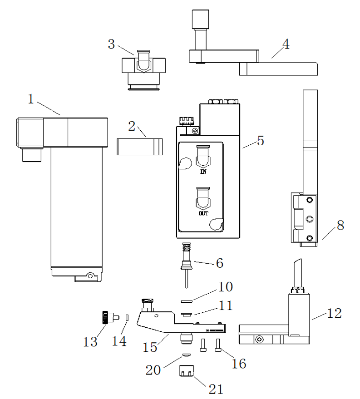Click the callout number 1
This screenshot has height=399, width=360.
(x=31, y=99)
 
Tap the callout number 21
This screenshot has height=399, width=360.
(x=216, y=389)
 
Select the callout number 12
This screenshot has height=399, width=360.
(x=335, y=313)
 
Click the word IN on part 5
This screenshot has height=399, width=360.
(x=203, y=172)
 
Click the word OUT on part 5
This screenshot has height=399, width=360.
(x=203, y=213)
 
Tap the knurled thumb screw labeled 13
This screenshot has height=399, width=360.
(x=105, y=316)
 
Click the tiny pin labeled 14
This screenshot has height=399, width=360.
(x=128, y=317)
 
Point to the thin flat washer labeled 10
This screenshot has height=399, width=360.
(x=187, y=300)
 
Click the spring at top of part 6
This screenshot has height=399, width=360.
(x=186, y=249)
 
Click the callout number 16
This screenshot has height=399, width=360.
(x=239, y=363)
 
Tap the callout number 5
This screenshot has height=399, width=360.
(x=260, y=140)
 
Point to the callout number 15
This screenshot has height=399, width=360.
(x=150, y=347)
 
